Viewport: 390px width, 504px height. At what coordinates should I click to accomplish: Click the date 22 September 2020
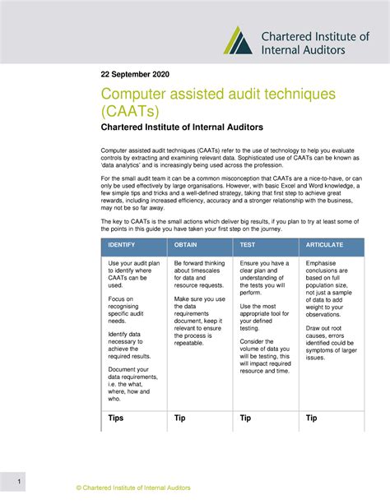click(x=136, y=73)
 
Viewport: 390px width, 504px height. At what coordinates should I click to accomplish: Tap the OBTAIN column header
click(x=186, y=246)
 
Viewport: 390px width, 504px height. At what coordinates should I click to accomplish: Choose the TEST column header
click(x=247, y=246)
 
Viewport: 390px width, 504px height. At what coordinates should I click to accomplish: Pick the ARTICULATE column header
click(x=325, y=246)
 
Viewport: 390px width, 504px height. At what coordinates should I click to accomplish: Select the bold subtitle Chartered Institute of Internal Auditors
click(x=193, y=127)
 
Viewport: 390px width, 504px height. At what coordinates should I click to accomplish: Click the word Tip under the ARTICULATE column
click(x=312, y=418)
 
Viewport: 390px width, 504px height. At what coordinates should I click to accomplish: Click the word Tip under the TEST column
click(x=245, y=418)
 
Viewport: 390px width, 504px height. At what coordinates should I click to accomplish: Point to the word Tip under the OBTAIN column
click(x=180, y=418)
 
